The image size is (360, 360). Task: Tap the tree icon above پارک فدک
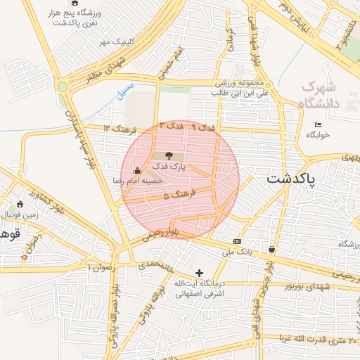tap(168, 155)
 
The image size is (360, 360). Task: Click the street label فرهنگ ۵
tap(176, 195)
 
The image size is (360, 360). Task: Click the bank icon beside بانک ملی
tap(237, 240)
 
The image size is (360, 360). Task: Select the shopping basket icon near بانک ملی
tap(271, 249)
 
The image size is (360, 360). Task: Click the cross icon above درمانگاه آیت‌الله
tap(199, 272)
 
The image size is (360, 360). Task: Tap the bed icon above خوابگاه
tap(318, 125)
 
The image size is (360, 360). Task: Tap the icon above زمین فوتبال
tap(20, 205)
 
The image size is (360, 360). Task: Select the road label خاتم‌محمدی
tap(155, 266)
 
